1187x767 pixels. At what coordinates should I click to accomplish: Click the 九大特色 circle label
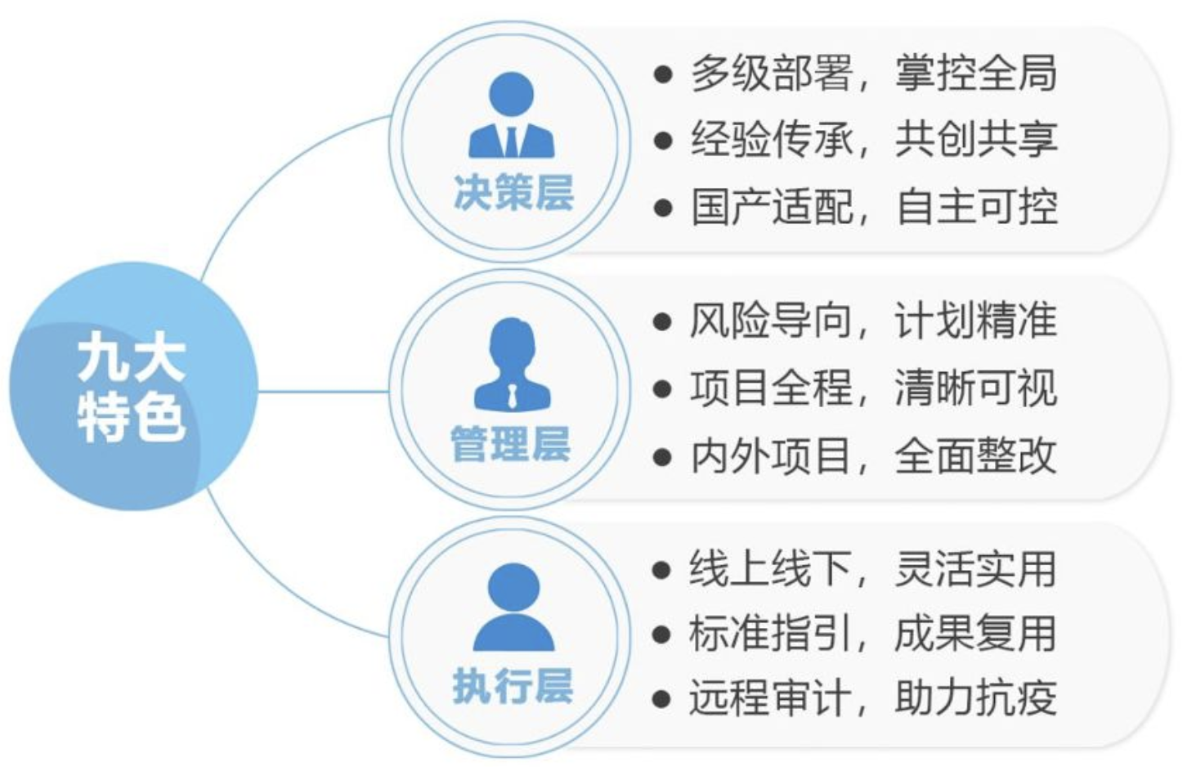coord(132,387)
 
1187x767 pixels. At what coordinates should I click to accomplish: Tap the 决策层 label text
coord(513,194)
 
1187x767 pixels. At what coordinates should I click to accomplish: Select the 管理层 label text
coord(510,444)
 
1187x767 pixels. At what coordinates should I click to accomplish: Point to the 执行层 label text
coord(513,685)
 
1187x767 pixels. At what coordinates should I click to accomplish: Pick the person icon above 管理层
coord(512,364)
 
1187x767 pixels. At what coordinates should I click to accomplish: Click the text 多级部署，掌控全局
coord(873,74)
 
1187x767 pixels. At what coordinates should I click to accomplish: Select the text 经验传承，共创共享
coord(873,140)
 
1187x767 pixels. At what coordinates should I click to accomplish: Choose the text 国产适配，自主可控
coord(873,207)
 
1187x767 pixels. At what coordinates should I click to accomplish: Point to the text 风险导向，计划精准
coord(873,321)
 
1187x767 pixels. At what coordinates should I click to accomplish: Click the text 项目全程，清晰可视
coord(873,388)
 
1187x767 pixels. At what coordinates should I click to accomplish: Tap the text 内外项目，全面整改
coord(873,455)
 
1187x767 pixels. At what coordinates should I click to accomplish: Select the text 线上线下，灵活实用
coord(873,569)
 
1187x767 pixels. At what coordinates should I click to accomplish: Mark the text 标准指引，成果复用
coord(873,634)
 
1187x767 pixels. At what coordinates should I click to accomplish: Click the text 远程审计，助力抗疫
coord(873,699)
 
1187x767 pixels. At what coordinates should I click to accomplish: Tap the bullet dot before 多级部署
coord(662,75)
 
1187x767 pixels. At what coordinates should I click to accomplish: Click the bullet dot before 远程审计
coord(661,700)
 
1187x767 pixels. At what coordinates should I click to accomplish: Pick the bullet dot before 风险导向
coord(661,321)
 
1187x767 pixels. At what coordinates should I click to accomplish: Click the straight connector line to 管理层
coord(323,391)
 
